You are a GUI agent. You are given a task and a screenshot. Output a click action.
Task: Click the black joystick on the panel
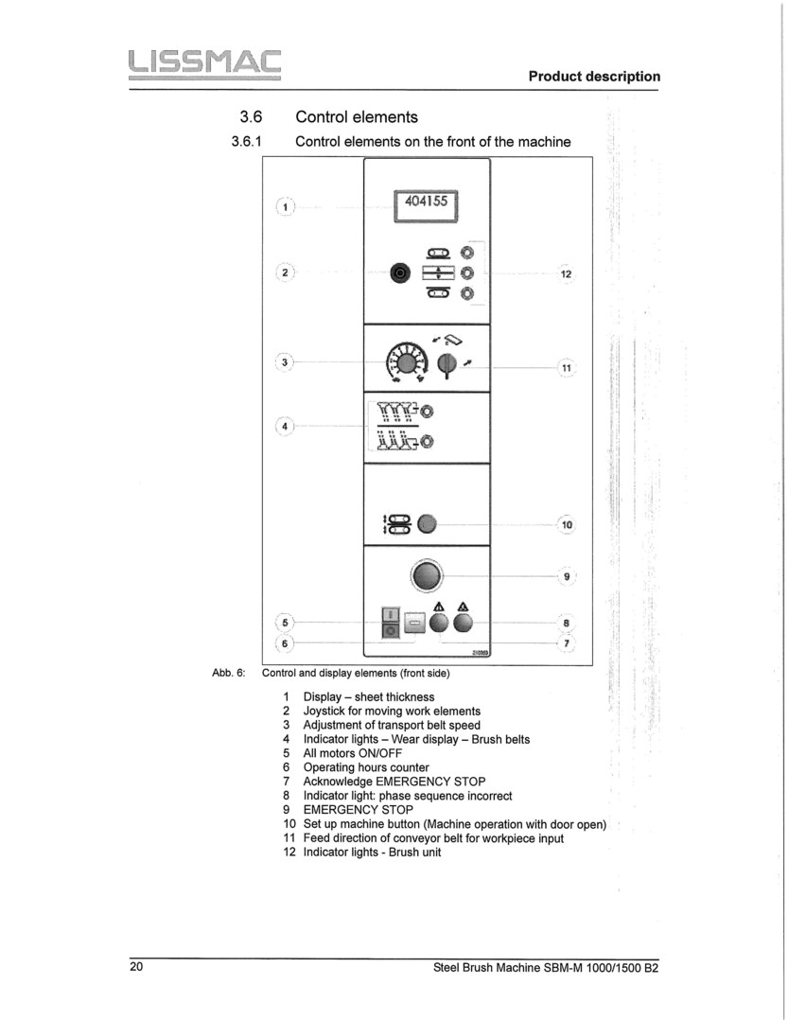[399, 273]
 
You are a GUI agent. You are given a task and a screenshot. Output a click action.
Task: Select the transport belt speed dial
[406, 362]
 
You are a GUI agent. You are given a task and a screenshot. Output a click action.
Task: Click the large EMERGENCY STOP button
[426, 574]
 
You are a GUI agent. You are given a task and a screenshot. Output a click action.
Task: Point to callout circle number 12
[566, 274]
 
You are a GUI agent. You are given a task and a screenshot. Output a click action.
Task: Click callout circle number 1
[285, 206]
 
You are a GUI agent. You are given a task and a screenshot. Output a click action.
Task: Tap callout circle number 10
[566, 524]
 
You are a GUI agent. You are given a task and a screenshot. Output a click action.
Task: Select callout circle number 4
[285, 426]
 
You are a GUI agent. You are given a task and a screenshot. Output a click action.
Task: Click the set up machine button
[427, 524]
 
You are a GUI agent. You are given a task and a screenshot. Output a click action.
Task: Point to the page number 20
[137, 967]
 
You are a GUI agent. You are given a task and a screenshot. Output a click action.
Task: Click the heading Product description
[594, 76]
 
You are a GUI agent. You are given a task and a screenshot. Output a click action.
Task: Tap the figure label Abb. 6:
[229, 674]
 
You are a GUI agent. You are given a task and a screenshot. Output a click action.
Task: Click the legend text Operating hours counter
[365, 767]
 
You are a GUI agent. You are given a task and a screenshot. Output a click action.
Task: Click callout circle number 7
[566, 643]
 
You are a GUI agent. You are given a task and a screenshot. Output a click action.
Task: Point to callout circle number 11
[566, 367]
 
